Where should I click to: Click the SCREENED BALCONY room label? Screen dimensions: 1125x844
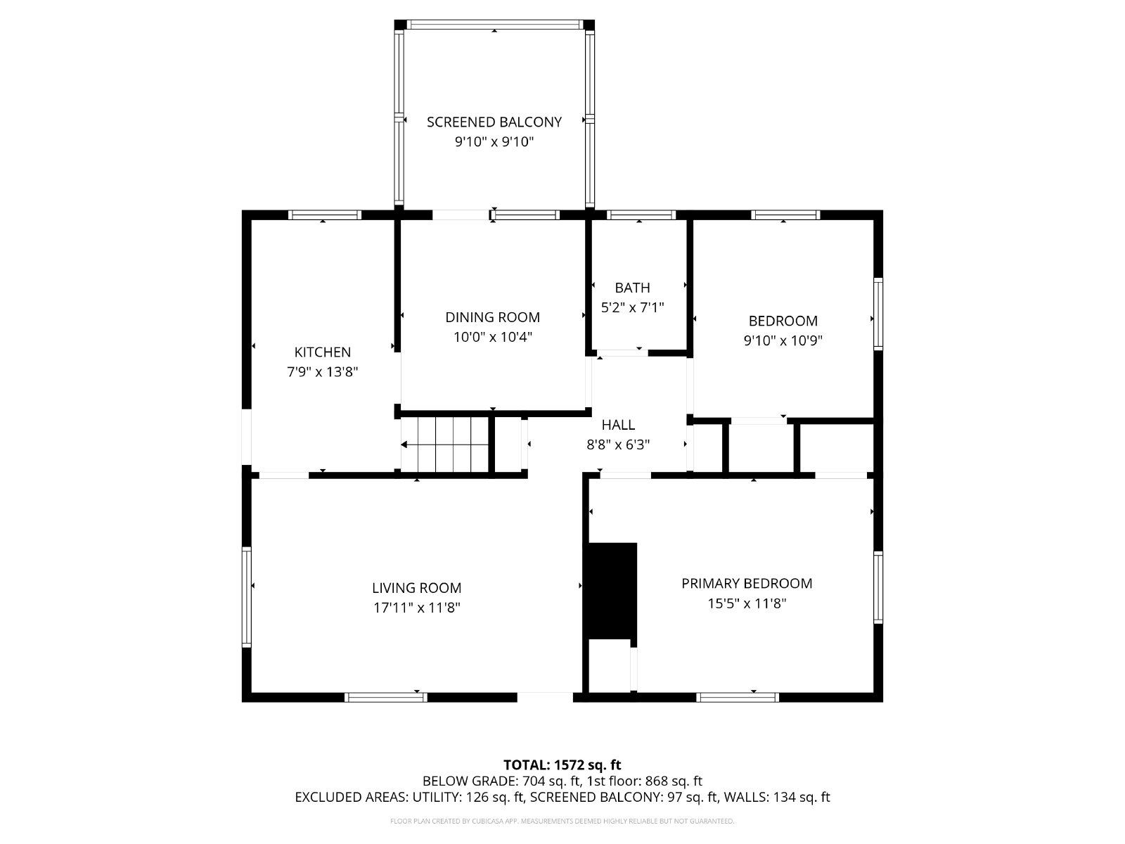pyautogui.click(x=494, y=122)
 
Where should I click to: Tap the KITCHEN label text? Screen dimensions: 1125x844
pyautogui.click(x=322, y=352)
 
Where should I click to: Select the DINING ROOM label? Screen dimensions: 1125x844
pyautogui.click(x=493, y=317)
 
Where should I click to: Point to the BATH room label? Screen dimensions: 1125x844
pyautogui.click(x=632, y=288)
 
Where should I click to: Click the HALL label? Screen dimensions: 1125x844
pyautogui.click(x=618, y=424)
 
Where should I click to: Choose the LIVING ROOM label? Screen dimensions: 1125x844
pyautogui.click(x=417, y=588)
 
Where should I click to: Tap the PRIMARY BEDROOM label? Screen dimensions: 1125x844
pyautogui.click(x=747, y=583)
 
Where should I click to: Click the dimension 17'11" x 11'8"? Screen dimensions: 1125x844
pyautogui.click(x=417, y=608)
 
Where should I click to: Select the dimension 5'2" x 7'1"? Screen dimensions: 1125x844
pyautogui.click(x=632, y=307)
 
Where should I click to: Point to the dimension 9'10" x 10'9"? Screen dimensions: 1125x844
pyautogui.click(x=783, y=340)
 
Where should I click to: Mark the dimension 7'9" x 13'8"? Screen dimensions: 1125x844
pyautogui.click(x=322, y=371)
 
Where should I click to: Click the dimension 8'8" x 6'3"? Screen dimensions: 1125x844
pyautogui.click(x=618, y=445)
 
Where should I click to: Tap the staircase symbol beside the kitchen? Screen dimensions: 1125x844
pyautogui.click(x=444, y=445)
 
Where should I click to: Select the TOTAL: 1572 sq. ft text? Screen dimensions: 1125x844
pyautogui.click(x=562, y=765)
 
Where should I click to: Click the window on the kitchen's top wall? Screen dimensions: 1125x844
pyautogui.click(x=324, y=215)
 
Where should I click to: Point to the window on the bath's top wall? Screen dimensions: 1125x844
pyautogui.click(x=641, y=215)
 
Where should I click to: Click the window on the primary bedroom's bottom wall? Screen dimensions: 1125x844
pyautogui.click(x=738, y=697)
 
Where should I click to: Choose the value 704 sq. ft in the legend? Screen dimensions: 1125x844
pyautogui.click(x=551, y=781)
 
